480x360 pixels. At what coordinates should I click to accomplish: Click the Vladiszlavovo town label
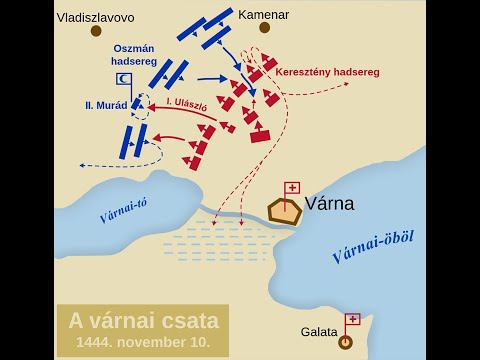click(95, 17)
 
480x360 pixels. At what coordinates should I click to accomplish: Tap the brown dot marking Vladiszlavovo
click(96, 31)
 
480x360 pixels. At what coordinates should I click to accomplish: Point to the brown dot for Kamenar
click(264, 28)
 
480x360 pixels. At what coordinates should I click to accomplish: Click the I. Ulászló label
click(187, 103)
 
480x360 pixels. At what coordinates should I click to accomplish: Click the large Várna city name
click(329, 205)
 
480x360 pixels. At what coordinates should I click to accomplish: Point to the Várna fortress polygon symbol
click(285, 211)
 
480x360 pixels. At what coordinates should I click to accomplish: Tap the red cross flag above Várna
click(292, 188)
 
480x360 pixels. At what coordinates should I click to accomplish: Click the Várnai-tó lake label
click(123, 212)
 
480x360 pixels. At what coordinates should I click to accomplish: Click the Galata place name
click(319, 332)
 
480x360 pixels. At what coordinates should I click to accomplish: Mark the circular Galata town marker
click(346, 342)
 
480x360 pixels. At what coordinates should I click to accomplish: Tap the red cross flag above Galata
click(352, 320)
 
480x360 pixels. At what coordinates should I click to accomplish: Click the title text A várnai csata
click(143, 322)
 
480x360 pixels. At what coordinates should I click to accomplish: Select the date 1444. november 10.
click(143, 343)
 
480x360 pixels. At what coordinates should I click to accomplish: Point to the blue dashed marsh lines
click(210, 245)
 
